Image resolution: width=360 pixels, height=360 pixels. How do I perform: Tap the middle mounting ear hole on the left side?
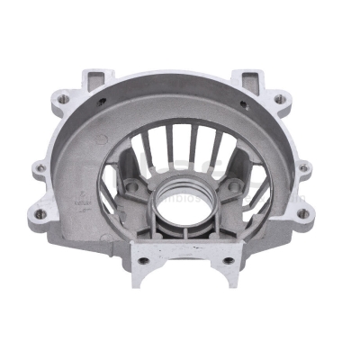(x=37, y=166)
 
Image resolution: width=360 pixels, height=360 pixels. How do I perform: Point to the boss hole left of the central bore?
(x=133, y=184)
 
